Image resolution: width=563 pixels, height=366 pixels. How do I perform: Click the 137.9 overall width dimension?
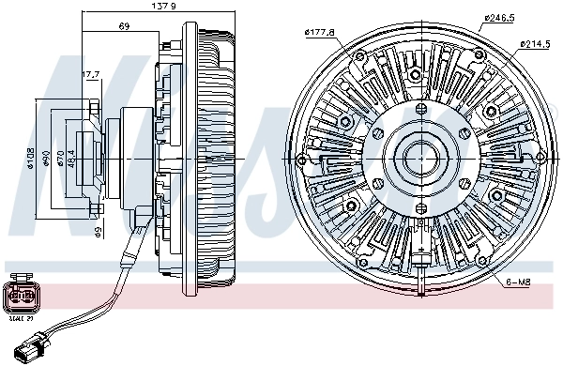(x=139, y=8)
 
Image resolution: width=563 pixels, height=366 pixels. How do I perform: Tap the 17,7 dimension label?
(x=91, y=74)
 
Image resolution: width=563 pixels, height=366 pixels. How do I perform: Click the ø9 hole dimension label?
(x=97, y=230)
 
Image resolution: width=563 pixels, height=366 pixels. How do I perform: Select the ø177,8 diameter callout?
(x=320, y=35)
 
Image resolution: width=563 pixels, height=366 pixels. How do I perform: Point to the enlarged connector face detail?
(x=21, y=297)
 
